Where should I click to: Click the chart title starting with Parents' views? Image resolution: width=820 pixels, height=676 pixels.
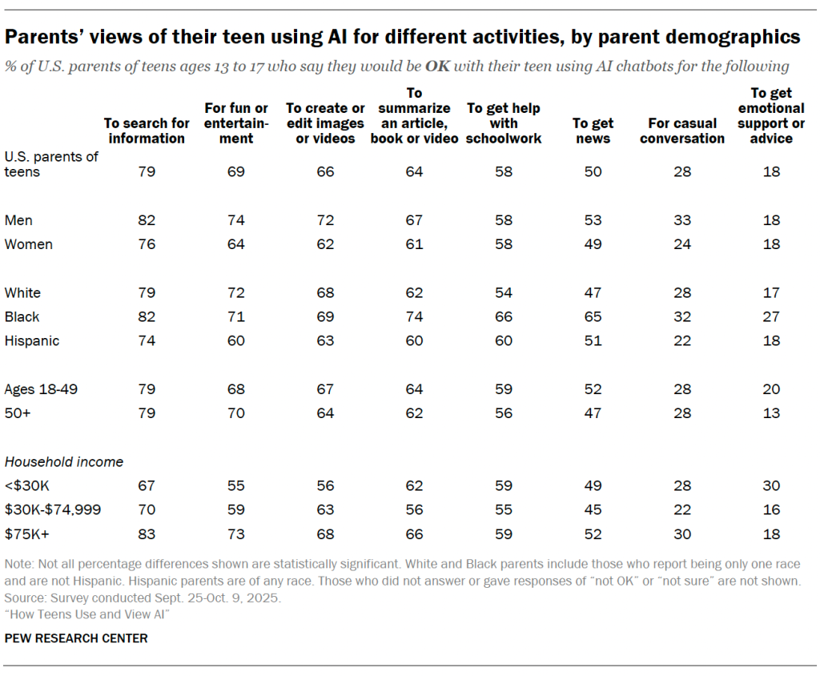coord(403,36)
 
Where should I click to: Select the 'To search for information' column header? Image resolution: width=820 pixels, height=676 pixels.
coord(147,131)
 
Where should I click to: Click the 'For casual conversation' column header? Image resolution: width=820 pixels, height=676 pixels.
coord(681,131)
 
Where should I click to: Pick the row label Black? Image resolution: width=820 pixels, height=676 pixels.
coord(22,316)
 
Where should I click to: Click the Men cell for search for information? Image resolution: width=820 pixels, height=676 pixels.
coord(147,220)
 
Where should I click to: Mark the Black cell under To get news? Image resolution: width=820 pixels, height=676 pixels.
coord(593,316)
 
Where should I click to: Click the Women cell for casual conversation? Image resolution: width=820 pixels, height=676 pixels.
coord(681,244)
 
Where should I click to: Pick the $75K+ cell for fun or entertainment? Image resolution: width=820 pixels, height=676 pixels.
coord(235,533)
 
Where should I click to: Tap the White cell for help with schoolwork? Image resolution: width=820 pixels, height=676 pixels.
coord(504,292)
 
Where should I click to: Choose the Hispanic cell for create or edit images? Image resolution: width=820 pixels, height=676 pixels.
coord(325,340)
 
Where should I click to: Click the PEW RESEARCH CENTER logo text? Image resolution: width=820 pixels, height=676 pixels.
coord(76,638)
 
